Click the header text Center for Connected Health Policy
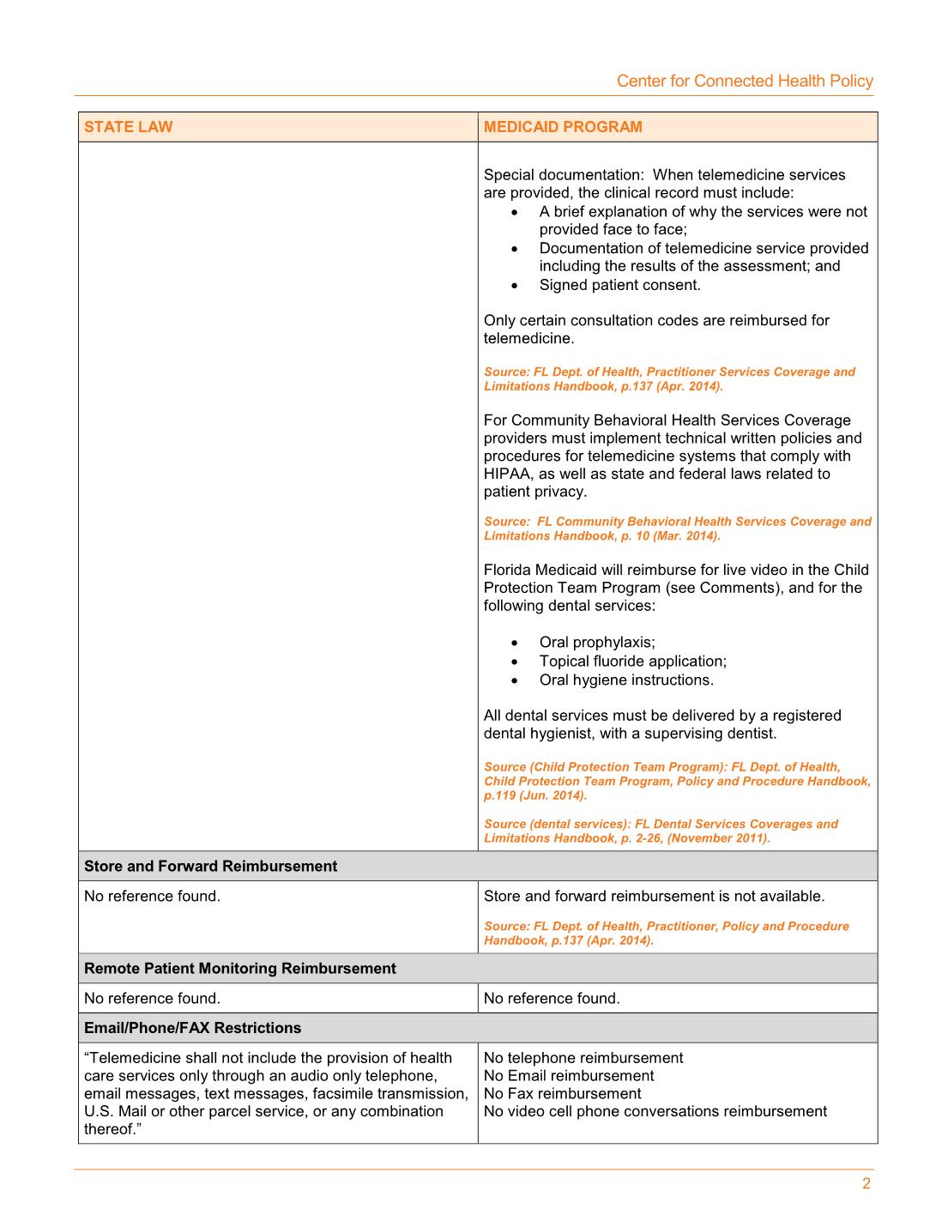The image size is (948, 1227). pyautogui.click(x=745, y=81)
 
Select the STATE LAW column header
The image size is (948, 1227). pyautogui.click(x=128, y=127)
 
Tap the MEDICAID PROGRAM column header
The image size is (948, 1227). pyautogui.click(x=563, y=127)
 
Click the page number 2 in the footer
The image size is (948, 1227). pyautogui.click(x=866, y=1184)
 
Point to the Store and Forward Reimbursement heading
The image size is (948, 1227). pyautogui.click(x=210, y=867)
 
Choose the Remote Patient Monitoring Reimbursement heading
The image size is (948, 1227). pyautogui.click(x=239, y=969)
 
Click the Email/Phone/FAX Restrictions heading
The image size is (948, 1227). pyautogui.click(x=192, y=1028)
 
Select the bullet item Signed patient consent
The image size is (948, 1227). pyautogui.click(x=619, y=285)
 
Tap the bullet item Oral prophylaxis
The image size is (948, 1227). pyautogui.click(x=596, y=643)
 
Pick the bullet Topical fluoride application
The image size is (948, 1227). pyautogui.click(x=632, y=662)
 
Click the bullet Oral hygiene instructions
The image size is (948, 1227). pyautogui.click(x=626, y=680)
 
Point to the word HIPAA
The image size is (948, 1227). pyautogui.click(x=507, y=474)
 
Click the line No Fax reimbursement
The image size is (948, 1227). pyautogui.click(x=562, y=1094)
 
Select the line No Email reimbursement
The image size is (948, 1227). pyautogui.click(x=568, y=1076)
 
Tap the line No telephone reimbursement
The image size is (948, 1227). pyautogui.click(x=583, y=1058)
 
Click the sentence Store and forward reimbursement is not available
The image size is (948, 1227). pyautogui.click(x=654, y=897)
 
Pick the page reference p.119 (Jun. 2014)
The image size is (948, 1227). pyautogui.click(x=535, y=795)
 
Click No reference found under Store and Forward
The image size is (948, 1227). pyautogui.click(x=152, y=897)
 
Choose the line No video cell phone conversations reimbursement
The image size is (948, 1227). pyautogui.click(x=655, y=1112)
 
